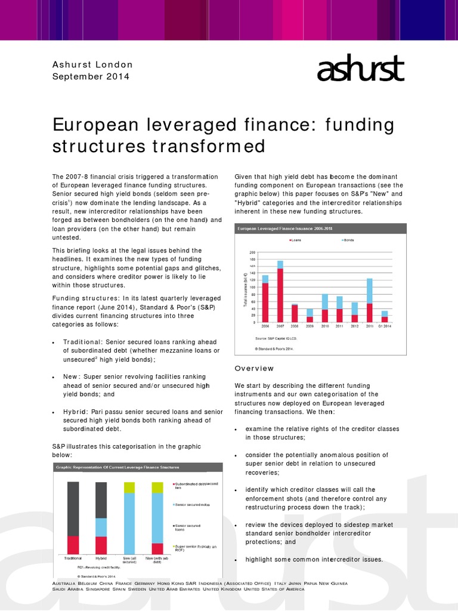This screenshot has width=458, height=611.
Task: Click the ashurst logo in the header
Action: [360, 70]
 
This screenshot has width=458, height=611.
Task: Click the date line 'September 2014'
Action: [91, 76]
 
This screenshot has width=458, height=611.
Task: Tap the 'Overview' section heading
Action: [254, 368]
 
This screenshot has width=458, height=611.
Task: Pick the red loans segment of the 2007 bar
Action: [280, 295]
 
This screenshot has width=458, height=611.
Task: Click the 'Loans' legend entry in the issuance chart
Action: [296, 240]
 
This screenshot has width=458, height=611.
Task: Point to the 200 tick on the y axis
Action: [252, 252]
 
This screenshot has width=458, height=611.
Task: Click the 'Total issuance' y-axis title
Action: [245, 289]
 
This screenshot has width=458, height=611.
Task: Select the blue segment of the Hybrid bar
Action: [101, 527]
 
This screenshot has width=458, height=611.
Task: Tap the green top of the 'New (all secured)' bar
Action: [129, 487]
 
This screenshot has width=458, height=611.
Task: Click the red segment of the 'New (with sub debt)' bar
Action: [157, 548]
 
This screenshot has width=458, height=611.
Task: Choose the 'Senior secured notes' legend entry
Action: [190, 504]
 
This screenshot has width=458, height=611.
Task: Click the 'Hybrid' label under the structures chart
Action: [101, 558]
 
